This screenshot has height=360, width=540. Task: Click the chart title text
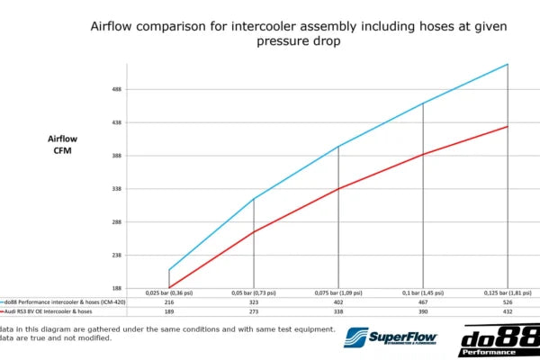(x=298, y=33)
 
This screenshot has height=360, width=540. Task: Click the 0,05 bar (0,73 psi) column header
(x=254, y=293)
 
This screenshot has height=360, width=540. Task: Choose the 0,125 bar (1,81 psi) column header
(x=508, y=293)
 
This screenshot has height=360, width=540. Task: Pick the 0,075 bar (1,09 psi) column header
(x=338, y=293)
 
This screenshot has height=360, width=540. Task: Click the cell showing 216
(x=169, y=303)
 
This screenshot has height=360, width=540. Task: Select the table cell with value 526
(x=508, y=303)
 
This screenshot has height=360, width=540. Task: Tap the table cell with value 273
(x=254, y=312)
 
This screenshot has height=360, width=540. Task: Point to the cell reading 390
(x=423, y=312)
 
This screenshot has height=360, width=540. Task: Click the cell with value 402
(x=338, y=303)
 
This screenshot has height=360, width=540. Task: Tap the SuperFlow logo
(x=403, y=338)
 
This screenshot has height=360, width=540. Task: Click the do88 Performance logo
(x=499, y=340)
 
